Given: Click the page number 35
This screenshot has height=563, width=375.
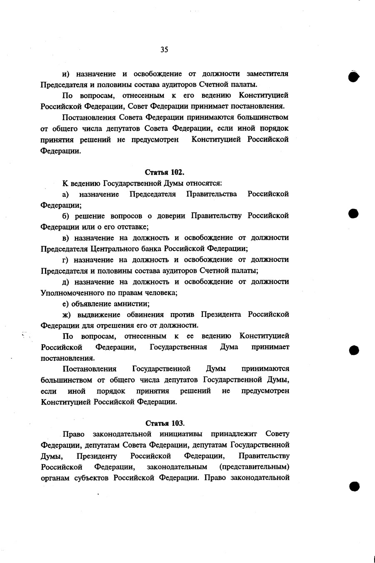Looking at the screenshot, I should click(x=164, y=50).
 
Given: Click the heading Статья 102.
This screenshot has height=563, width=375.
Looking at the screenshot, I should click(x=165, y=172).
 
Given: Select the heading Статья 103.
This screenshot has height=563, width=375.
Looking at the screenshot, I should click(x=165, y=423).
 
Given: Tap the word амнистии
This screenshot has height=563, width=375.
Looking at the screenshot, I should click(x=132, y=304).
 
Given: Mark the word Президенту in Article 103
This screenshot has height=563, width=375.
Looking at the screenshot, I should click(x=97, y=456).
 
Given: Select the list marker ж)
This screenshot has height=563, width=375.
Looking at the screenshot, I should click(x=67, y=314).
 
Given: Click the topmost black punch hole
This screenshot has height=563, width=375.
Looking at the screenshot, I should click(x=354, y=77).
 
